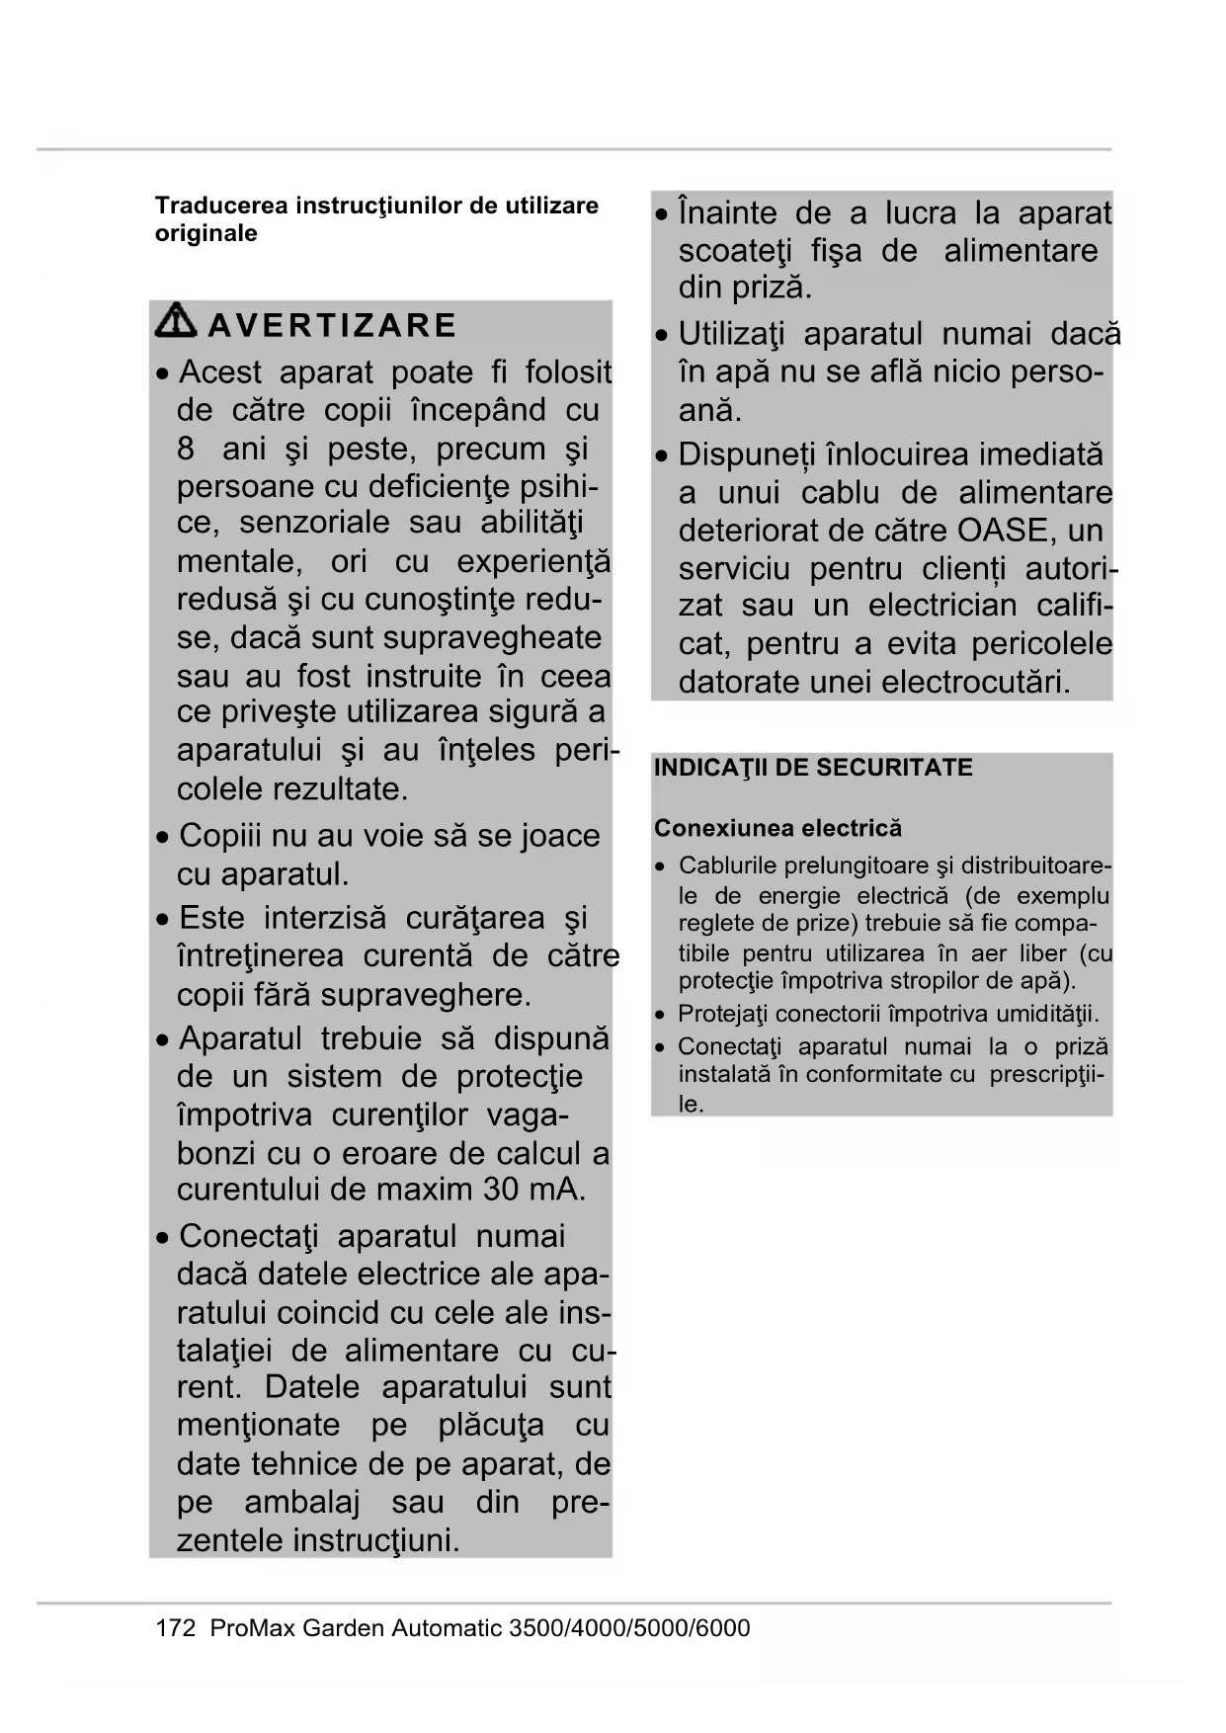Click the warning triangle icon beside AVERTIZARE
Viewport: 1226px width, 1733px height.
pyautogui.click(x=177, y=321)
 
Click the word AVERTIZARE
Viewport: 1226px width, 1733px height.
pyautogui.click(x=333, y=325)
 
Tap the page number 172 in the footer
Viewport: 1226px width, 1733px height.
pyautogui.click(x=176, y=1627)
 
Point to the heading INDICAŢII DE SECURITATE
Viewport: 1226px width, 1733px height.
pyautogui.click(x=813, y=768)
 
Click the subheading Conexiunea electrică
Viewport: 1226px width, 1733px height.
pyautogui.click(x=777, y=828)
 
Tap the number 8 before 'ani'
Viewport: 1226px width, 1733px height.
pyautogui.click(x=186, y=449)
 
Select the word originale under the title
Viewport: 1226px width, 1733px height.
pyautogui.click(x=205, y=233)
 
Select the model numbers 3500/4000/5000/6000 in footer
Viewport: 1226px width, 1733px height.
pyautogui.click(x=628, y=1627)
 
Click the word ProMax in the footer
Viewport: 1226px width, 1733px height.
pyautogui.click(x=252, y=1627)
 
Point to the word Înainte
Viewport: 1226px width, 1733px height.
pyautogui.click(x=727, y=213)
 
